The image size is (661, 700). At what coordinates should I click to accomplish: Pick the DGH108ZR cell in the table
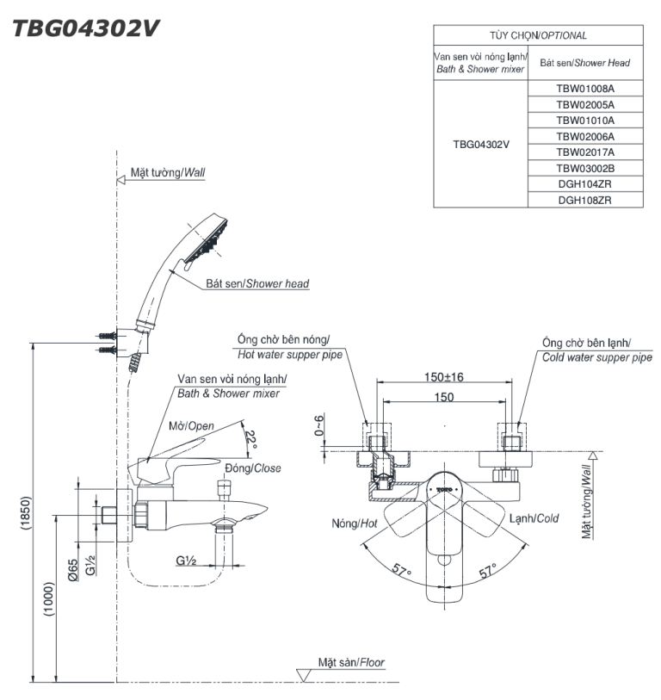tap(585, 199)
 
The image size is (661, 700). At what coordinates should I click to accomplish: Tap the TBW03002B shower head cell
tap(585, 168)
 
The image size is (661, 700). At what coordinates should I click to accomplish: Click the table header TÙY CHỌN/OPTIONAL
tap(539, 35)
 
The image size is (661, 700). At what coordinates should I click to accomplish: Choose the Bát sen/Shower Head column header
tap(585, 62)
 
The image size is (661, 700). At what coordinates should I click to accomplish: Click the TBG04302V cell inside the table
tap(481, 144)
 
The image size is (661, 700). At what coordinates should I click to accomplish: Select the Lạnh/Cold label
tap(534, 518)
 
